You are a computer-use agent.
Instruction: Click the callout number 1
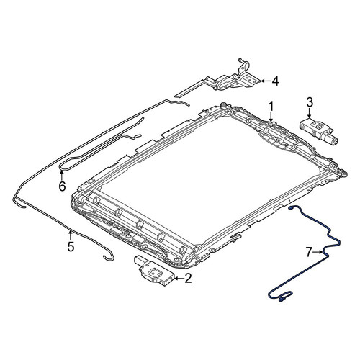coord(271,107)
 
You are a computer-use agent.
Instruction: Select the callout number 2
coord(188,279)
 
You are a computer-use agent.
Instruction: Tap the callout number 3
coord(310,102)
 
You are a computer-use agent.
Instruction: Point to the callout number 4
coord(275,81)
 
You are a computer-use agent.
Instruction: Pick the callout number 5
coord(71,247)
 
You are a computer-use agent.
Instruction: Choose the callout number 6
coord(62,186)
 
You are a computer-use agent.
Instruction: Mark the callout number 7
coord(310,252)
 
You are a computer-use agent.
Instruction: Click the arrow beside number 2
coord(179,279)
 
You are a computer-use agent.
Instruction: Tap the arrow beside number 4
coord(265,81)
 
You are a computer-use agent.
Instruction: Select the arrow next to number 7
coord(318,252)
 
